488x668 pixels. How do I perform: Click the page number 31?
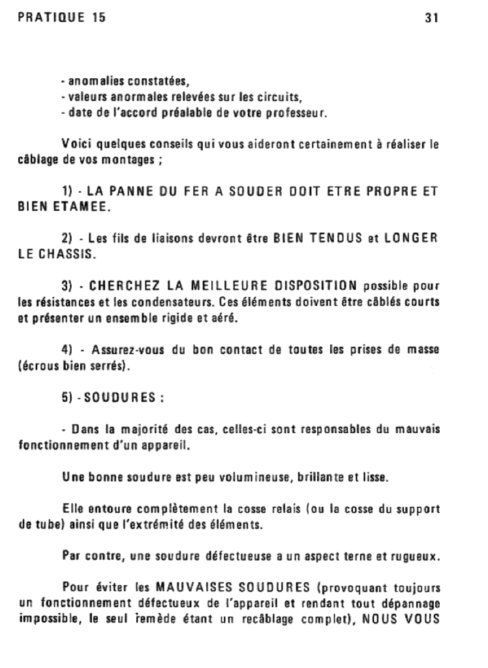[431, 19]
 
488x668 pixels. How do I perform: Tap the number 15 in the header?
[97, 18]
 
